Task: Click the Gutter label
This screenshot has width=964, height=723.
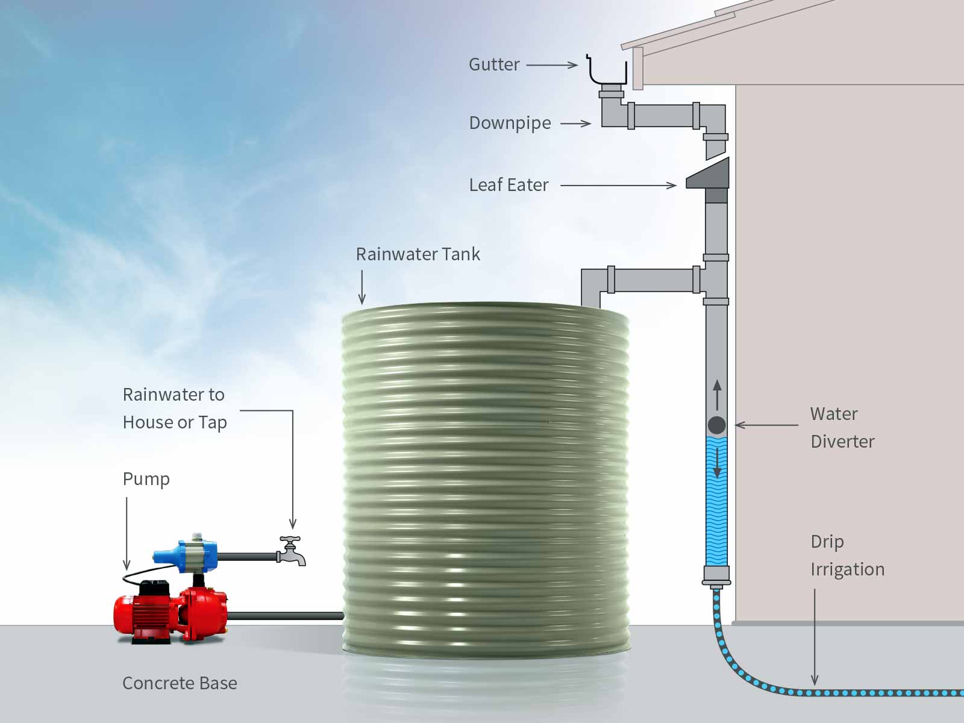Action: (x=494, y=64)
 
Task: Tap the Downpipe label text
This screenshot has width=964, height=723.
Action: (x=510, y=123)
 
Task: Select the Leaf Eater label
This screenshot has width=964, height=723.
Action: (x=509, y=185)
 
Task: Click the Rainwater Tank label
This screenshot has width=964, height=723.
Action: (x=418, y=254)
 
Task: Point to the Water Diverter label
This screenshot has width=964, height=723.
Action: (x=842, y=427)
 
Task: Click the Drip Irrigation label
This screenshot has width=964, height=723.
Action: (x=847, y=555)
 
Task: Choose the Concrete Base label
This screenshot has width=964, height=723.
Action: (x=180, y=683)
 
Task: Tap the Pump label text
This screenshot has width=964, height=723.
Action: (x=146, y=479)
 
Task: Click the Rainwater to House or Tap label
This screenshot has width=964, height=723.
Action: (x=174, y=408)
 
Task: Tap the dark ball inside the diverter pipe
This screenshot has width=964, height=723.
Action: (x=716, y=425)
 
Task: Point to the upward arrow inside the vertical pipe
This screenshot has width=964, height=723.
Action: (x=717, y=395)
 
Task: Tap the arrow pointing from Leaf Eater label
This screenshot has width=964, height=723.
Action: (x=618, y=186)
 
